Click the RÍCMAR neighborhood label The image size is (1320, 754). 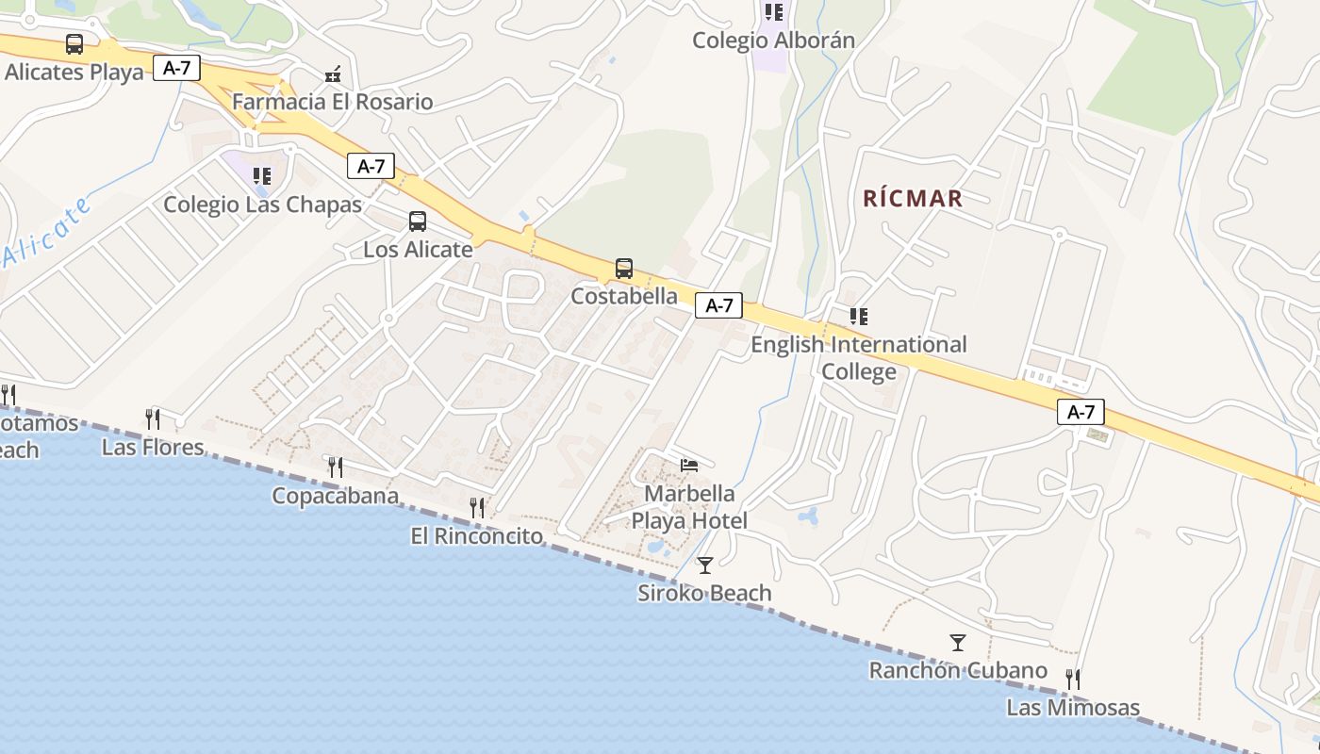913,198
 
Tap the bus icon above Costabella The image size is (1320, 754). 624,269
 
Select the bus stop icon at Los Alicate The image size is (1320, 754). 418,221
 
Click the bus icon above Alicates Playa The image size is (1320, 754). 74,44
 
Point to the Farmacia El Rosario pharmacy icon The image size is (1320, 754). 333,74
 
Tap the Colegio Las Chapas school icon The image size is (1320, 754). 261,176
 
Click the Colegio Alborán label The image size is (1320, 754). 773,41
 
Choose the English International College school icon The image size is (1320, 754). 858,317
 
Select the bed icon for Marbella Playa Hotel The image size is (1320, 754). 689,466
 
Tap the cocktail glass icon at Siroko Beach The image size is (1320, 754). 705,565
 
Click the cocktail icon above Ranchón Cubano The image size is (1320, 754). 958,643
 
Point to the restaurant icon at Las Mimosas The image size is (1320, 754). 1072,679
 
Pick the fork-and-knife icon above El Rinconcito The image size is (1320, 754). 477,508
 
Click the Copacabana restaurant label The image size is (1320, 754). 335,496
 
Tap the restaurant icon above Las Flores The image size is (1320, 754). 152,418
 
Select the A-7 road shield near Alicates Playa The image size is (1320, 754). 176,68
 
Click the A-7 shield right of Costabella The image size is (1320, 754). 718,305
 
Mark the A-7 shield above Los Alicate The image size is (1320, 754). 371,167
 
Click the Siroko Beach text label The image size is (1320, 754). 704,593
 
